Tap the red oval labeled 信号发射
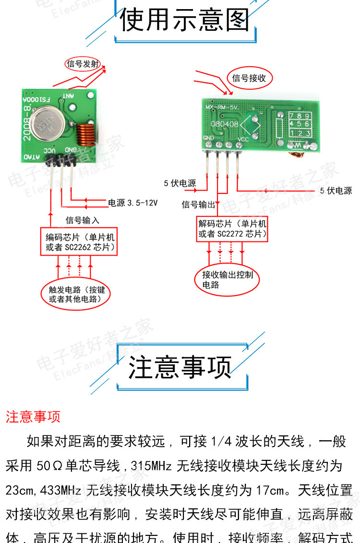(83, 64)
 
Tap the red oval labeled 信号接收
(249, 78)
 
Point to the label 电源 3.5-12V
(132, 203)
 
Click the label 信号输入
(83, 220)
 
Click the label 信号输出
(198, 205)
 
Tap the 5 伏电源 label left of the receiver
(180, 183)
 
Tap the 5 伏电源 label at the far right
(336, 191)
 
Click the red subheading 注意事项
(33, 416)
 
